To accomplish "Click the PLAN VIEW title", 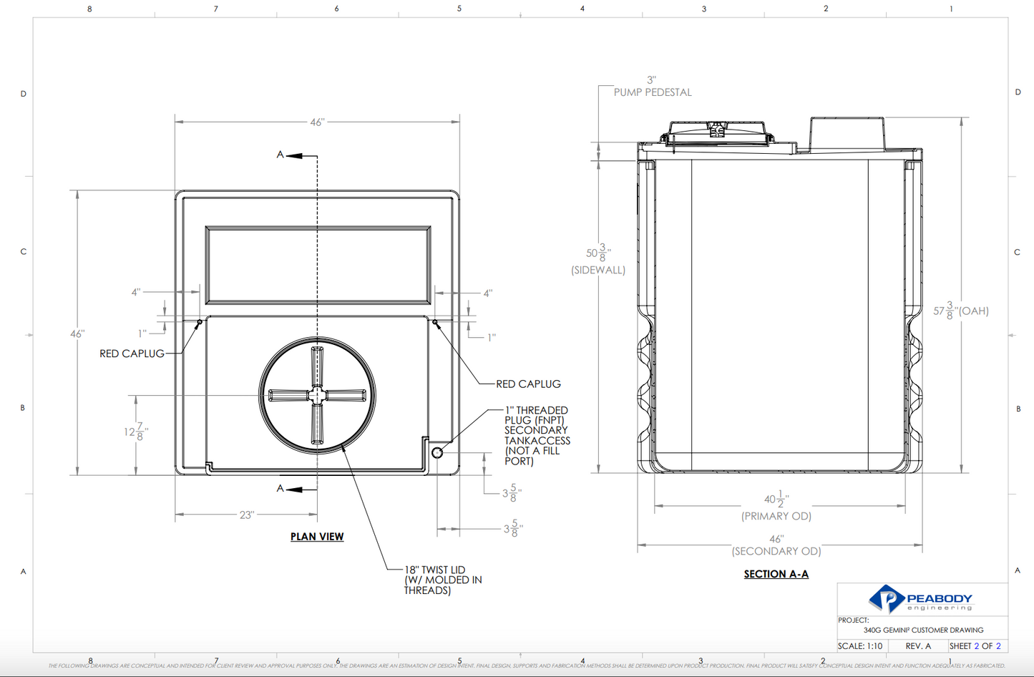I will point(317,537).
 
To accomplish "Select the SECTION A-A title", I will point(776,574).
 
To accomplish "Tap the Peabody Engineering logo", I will point(921,599).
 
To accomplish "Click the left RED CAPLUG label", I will point(132,354).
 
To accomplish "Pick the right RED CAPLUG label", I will point(528,384).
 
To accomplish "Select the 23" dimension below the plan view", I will point(247,515).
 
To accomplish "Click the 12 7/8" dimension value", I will point(136,432).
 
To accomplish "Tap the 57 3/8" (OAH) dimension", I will point(960,311).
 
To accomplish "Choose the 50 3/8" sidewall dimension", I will point(598,254).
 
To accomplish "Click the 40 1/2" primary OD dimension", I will point(776,500).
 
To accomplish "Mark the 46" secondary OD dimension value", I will point(776,539).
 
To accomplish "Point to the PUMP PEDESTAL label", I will point(653,92).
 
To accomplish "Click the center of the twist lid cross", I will point(317,395).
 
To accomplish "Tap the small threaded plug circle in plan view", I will point(437,452).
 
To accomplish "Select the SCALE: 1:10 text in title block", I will point(860,646).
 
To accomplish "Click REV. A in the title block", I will point(918,646).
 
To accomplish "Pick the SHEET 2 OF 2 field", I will point(975,646).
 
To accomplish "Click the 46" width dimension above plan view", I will point(317,122).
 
